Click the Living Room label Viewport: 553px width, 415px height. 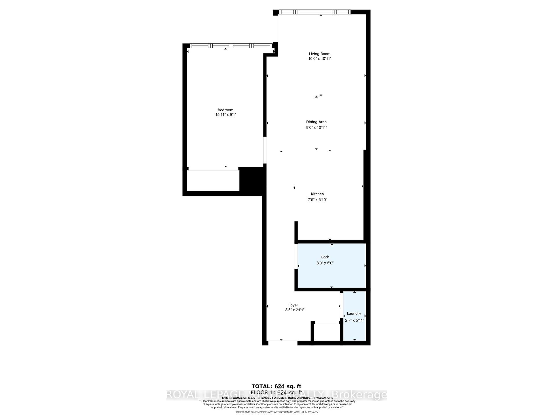point(319,54)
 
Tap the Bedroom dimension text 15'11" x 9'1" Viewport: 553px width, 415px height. point(226,115)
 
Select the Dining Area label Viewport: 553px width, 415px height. point(316,122)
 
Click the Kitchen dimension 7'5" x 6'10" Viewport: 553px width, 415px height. point(317,200)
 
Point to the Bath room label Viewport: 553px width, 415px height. point(325,257)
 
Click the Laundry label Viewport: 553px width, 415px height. point(354,314)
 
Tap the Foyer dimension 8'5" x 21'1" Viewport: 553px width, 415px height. point(293,310)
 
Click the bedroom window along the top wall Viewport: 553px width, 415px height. point(231,46)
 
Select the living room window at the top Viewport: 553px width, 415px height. point(315,12)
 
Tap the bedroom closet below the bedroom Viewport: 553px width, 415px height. point(213,181)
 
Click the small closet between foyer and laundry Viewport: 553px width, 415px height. point(327,332)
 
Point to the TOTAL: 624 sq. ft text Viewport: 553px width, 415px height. point(276,386)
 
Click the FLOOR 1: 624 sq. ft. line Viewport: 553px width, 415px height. point(276,393)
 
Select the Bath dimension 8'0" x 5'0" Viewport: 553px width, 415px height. point(325,263)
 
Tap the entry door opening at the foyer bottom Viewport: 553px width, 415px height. point(283,343)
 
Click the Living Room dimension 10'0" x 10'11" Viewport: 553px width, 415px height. point(320,59)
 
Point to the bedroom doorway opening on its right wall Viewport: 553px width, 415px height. point(265,150)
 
